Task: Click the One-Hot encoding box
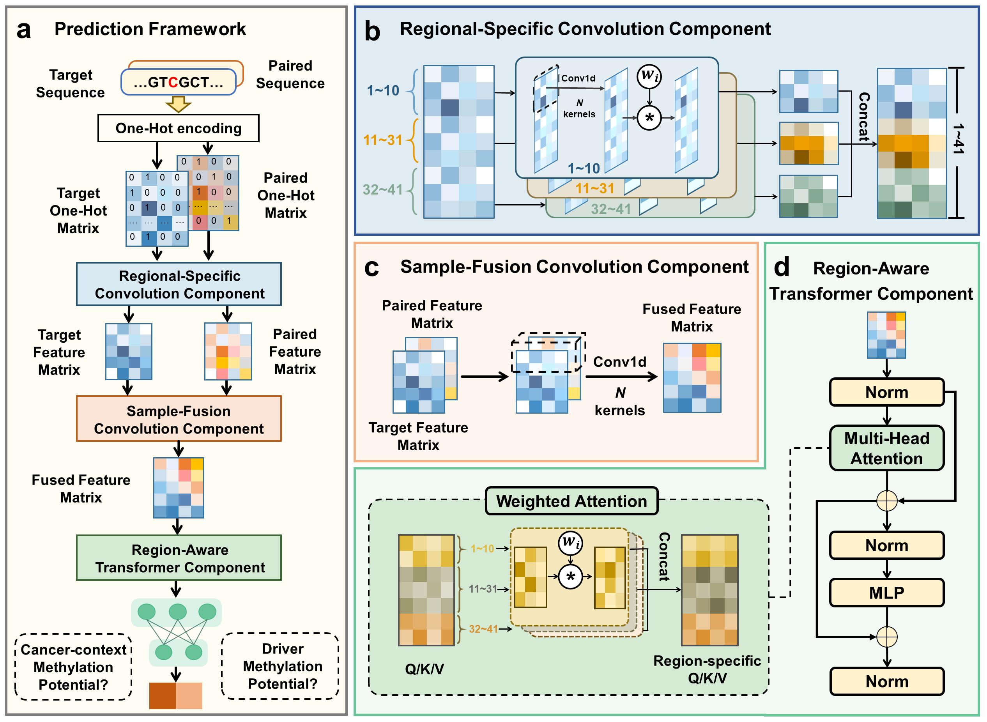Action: click(x=178, y=128)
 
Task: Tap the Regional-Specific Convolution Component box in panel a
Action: click(x=179, y=284)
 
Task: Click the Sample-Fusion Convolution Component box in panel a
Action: click(x=179, y=419)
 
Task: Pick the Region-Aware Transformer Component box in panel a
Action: click(x=179, y=558)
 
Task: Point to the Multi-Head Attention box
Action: click(x=886, y=448)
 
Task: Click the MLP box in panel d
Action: click(x=886, y=593)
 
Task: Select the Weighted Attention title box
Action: click(x=571, y=501)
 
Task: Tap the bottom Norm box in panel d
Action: click(x=886, y=681)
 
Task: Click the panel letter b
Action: click(x=372, y=32)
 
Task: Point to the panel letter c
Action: click(x=371, y=267)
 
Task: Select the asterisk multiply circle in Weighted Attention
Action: click(x=570, y=577)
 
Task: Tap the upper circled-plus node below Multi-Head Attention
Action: click(x=886, y=501)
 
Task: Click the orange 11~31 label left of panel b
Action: click(x=383, y=140)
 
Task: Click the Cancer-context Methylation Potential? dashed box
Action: click(x=73, y=667)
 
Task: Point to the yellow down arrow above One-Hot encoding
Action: click(x=178, y=104)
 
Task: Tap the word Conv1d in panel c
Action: click(x=619, y=362)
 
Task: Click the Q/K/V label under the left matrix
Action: click(x=424, y=669)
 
